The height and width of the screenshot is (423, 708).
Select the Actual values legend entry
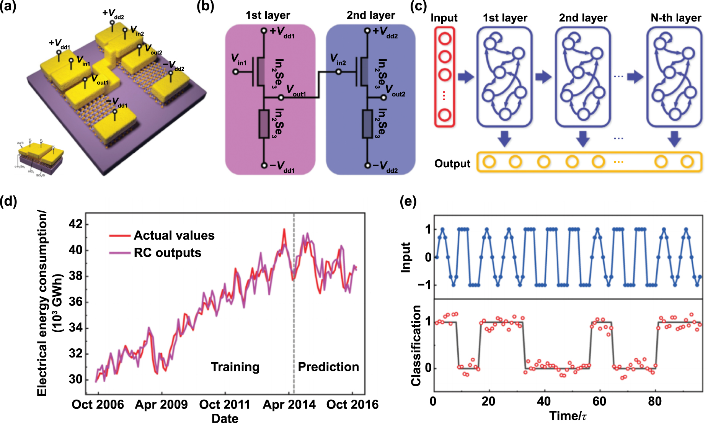pyautogui.click(x=174, y=235)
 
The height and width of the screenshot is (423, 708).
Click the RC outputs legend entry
pyautogui.click(x=167, y=253)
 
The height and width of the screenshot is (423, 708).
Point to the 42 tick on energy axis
pyautogui.click(x=75, y=224)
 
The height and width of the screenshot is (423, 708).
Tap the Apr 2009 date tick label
pyautogui.click(x=161, y=405)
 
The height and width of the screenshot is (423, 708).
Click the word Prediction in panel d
pyautogui.click(x=328, y=367)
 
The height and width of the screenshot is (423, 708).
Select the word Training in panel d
pyautogui.click(x=235, y=367)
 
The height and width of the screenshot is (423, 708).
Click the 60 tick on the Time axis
pyautogui.click(x=599, y=402)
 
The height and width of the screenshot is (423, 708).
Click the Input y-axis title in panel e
pyautogui.click(x=405, y=257)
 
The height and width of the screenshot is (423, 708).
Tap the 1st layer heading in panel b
pyautogui.click(x=268, y=15)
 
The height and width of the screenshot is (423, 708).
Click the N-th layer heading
pyautogui.click(x=675, y=18)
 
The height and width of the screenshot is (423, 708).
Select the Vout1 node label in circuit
pyautogui.click(x=296, y=91)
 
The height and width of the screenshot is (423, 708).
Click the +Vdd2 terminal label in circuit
pyautogui.click(x=385, y=32)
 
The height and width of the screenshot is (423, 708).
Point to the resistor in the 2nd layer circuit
pyautogui.click(x=367, y=124)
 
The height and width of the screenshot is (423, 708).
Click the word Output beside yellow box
pyautogui.click(x=452, y=164)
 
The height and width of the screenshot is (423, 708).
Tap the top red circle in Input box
pyautogui.click(x=445, y=39)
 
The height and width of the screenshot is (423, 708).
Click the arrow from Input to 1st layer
pyautogui.click(x=465, y=77)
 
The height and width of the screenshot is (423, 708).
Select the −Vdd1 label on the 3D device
pyautogui.click(x=117, y=103)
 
